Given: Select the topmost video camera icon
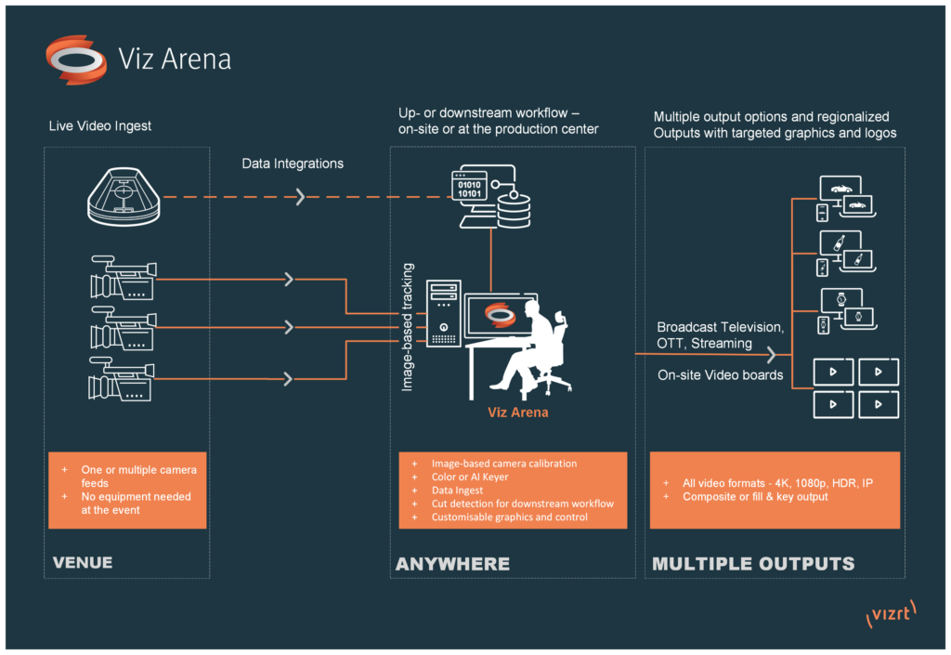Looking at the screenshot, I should pos(123,277).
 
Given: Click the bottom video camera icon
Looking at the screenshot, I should pos(123,379).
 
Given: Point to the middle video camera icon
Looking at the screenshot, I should pos(123,328).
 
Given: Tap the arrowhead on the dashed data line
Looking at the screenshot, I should pos(300,197).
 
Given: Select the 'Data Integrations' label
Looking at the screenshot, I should pos(293,164).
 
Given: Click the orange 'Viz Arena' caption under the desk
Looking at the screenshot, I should pos(517,412).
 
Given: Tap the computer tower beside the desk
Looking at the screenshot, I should pos(444,313).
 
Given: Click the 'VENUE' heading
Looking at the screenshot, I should pos(83,562).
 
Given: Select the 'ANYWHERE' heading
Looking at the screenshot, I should pos(452,564).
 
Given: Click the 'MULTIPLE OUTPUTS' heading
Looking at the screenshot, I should pos(753,564).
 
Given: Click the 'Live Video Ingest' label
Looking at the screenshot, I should pos(100,125).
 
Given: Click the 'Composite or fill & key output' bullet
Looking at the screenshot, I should pos(755,497).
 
